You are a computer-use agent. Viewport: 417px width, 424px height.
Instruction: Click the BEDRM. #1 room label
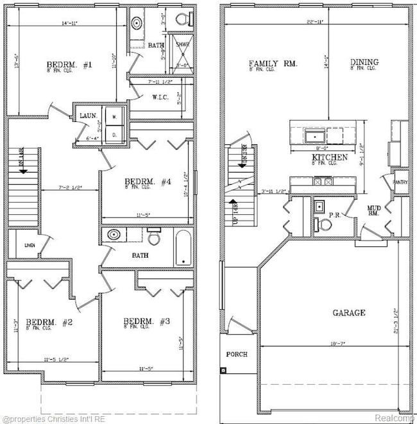tap(70, 65)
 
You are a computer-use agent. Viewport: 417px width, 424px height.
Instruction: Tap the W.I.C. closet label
tap(160, 98)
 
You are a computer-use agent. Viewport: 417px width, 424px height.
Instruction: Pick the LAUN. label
tap(88, 115)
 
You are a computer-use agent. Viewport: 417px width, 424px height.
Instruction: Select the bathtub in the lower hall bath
tap(183, 248)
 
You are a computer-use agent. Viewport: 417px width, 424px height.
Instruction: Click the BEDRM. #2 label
tap(42, 322)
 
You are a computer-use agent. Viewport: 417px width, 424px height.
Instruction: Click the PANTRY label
tap(401, 182)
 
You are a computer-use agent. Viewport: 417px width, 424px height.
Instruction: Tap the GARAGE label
tap(348, 313)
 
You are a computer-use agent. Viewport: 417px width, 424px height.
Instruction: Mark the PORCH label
tap(237, 354)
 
